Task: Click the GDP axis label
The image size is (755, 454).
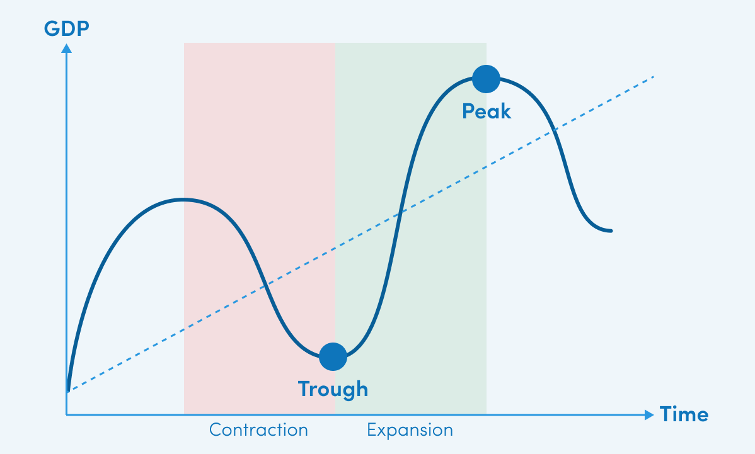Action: coord(66,28)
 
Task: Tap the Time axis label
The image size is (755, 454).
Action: coord(684,414)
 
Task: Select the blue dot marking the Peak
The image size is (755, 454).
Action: coord(486,79)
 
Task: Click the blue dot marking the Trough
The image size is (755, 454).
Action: coord(333,357)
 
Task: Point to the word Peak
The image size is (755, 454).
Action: coord(487,111)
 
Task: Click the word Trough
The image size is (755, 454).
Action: coord(333,389)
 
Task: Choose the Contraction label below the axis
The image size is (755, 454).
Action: coord(258,429)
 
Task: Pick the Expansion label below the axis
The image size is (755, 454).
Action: coord(410,430)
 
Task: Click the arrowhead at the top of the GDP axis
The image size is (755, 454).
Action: coord(66,48)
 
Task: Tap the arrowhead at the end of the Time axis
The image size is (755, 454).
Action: coord(649,414)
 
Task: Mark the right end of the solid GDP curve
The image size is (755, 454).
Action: coord(611,231)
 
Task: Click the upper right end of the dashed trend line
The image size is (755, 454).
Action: coord(652,76)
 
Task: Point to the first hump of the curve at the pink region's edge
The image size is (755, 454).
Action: coord(183,199)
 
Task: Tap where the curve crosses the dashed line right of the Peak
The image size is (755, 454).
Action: coord(555,129)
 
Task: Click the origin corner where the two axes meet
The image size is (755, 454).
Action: coord(66,414)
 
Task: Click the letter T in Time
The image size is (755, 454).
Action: coord(666,414)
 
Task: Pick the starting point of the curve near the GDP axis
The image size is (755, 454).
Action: coord(68,390)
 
